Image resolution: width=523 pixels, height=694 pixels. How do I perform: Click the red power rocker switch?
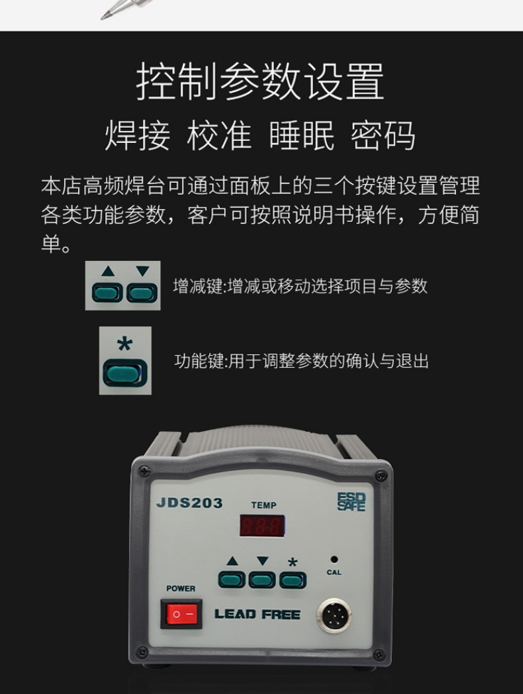point(181,614)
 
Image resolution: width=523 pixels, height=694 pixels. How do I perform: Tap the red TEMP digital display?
point(262,526)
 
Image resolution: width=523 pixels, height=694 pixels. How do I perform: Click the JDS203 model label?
point(189,503)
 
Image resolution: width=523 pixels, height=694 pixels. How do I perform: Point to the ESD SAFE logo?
point(352,502)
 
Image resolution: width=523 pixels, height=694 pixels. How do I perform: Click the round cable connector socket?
point(334,615)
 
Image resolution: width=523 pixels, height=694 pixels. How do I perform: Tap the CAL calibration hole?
point(334,560)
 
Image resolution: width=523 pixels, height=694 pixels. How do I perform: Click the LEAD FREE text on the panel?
point(257,615)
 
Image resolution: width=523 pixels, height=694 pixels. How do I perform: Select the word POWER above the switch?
point(181,588)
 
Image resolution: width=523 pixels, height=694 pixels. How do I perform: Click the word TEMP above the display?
point(263,505)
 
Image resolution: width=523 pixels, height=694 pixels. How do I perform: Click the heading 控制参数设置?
point(260,81)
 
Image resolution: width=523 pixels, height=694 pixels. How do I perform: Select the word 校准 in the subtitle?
point(219,135)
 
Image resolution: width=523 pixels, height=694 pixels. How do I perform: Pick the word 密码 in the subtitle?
point(383,135)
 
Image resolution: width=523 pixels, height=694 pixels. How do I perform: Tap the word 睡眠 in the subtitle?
point(301,135)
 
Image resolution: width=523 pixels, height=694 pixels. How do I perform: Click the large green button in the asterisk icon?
point(125,373)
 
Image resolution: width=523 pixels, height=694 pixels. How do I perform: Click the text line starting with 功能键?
point(301,361)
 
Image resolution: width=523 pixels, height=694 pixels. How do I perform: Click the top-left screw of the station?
point(144,471)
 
